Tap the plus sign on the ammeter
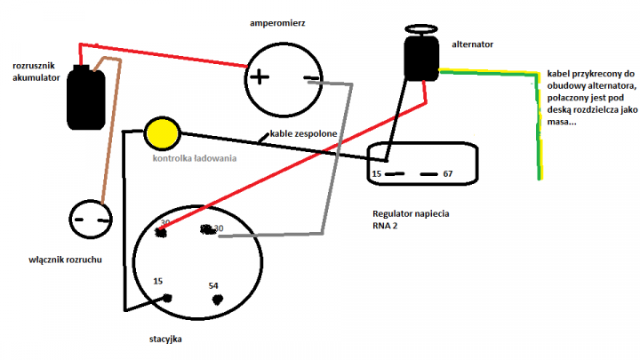tap(259, 76)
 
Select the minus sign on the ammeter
tap(310, 78)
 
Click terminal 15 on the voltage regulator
tap(377, 173)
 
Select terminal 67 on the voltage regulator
tap(447, 173)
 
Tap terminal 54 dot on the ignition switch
tap(214, 299)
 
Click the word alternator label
tap(473, 43)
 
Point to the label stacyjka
tap(167, 339)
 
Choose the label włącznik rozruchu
tap(70, 260)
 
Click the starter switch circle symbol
tap(91, 219)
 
